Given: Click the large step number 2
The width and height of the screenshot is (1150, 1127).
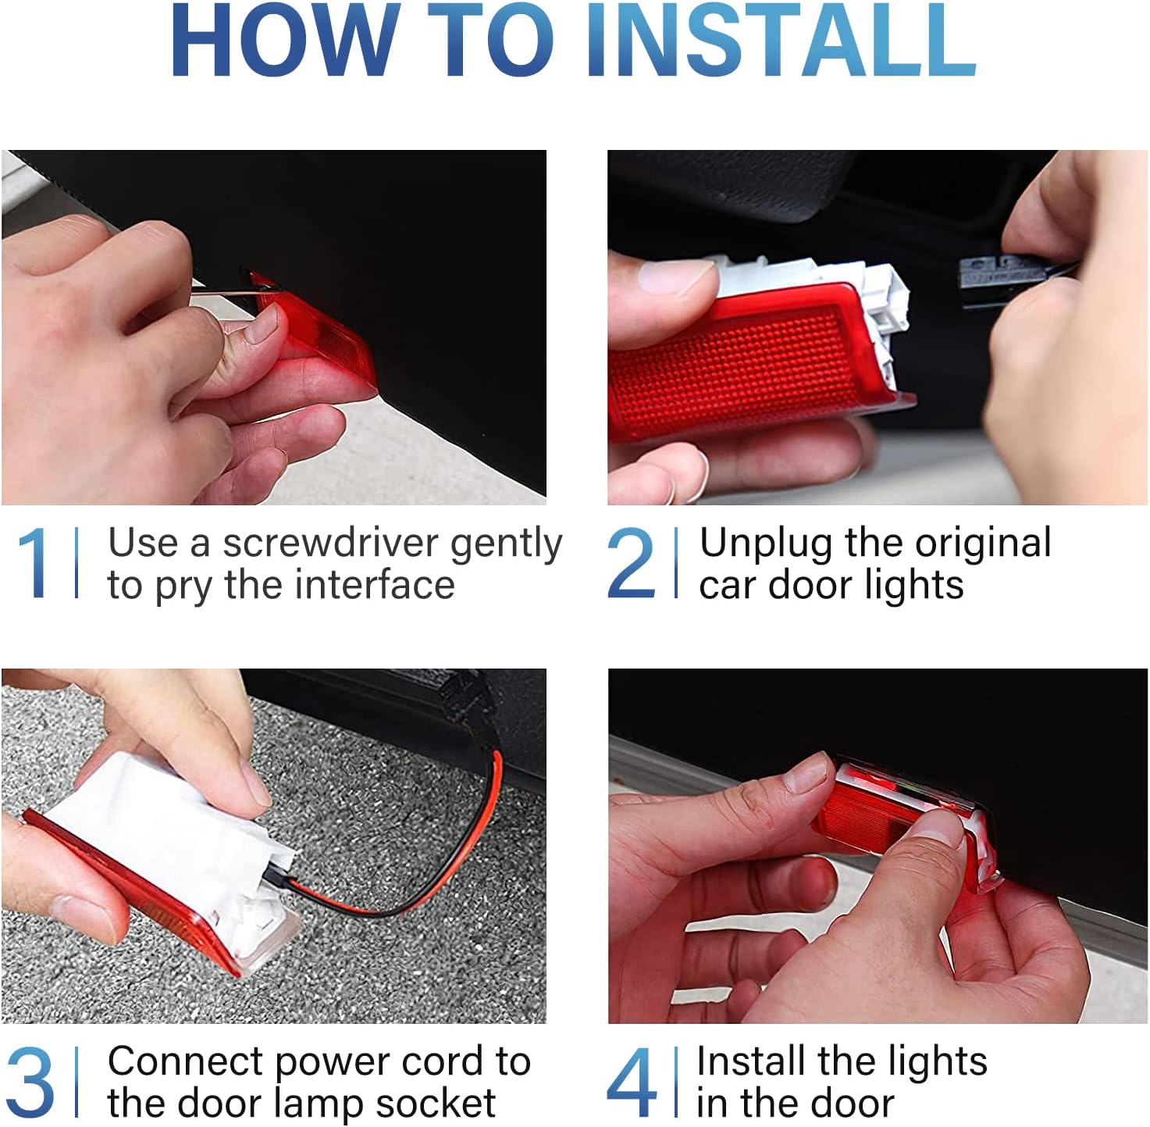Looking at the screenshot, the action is (x=630, y=562).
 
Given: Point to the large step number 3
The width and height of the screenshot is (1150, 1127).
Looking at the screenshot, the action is (x=30, y=1082).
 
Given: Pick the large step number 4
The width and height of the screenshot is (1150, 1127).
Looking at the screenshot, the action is (x=632, y=1082).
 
